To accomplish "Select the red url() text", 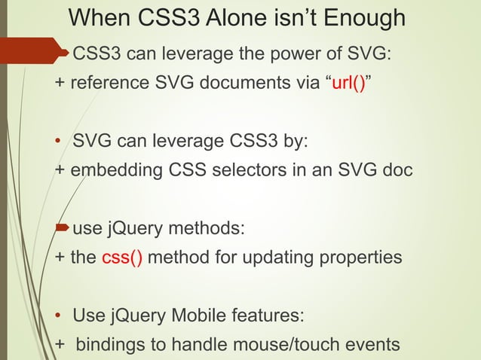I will click(x=348, y=83).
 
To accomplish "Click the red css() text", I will click(x=121, y=258).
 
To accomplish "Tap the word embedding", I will click(x=114, y=170).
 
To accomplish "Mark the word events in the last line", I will click(x=370, y=344).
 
